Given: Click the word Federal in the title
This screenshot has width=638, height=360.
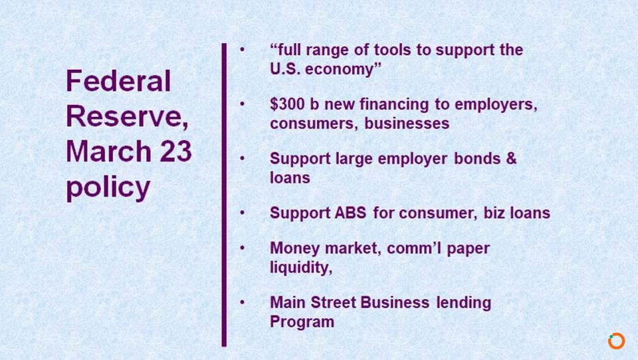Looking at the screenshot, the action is [x=118, y=80].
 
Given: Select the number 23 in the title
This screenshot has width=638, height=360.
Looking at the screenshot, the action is [x=175, y=151].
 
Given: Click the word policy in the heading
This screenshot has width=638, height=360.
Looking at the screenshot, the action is [x=108, y=188].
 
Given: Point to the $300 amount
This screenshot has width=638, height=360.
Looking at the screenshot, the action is [x=287, y=104].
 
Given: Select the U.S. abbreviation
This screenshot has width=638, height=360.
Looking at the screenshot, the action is [x=285, y=69].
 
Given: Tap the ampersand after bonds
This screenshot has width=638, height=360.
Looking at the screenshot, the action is [x=511, y=158].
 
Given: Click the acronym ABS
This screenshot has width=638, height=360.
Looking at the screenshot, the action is [x=350, y=213].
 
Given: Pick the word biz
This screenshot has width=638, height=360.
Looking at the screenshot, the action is [x=494, y=213].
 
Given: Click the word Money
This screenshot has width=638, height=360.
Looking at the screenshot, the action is [x=295, y=248].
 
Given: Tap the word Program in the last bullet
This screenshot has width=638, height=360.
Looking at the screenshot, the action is [x=302, y=321].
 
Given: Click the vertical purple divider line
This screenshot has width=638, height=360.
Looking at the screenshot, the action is [x=224, y=195].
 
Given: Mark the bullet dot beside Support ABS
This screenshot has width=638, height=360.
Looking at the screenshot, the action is [x=242, y=213].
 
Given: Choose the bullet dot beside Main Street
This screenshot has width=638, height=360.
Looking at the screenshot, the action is [x=242, y=302].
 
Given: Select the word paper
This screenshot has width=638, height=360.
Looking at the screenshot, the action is [x=469, y=249].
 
